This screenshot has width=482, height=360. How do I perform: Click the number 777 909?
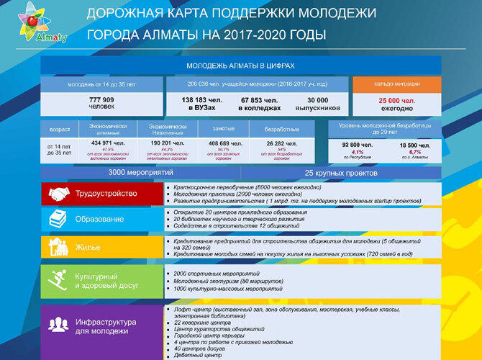101,99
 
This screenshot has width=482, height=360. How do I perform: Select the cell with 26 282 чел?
281,144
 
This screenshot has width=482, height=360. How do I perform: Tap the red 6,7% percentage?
415,153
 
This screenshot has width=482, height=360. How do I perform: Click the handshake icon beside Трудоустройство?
59,193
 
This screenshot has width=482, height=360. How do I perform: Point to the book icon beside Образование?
59,219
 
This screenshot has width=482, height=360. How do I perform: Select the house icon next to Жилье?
59,246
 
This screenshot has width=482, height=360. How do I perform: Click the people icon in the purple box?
59,325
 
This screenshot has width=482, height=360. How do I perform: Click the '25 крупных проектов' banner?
340,174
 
